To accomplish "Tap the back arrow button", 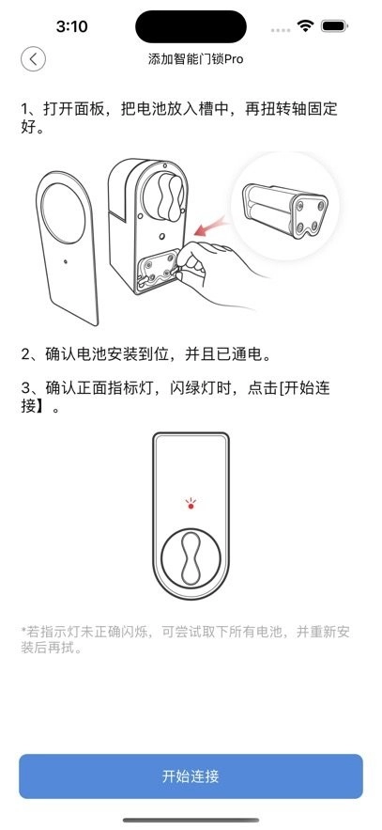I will pos(33,59).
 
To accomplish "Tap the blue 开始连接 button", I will pos(191,776).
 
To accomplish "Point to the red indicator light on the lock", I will pos(191,506).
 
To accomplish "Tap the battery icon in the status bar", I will pos(332,25).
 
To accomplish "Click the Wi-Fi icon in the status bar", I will pos(305,25).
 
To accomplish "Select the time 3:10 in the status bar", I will pos(71,26).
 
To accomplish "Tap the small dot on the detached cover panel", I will pos(66,262).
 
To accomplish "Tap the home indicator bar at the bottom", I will pos(191,821).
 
